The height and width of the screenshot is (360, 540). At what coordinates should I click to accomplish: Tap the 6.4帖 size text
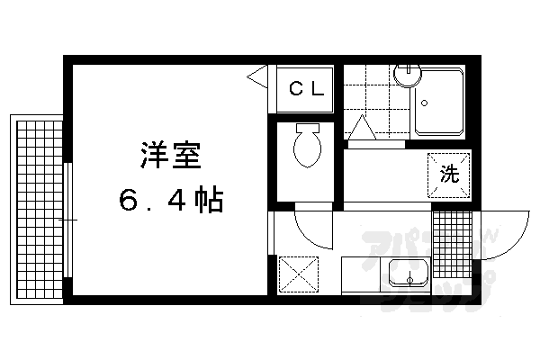coord(170,199)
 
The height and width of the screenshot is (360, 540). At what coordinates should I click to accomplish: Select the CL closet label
coord(303,89)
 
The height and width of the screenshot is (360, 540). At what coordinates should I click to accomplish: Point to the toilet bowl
coord(306,149)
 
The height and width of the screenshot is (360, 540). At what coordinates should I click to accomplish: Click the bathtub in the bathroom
coord(439,102)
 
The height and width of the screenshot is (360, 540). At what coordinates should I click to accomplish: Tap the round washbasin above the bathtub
coord(408,73)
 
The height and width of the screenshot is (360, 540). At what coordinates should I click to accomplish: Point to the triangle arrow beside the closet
coord(258,76)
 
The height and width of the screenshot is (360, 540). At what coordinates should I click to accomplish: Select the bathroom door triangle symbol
coord(363,130)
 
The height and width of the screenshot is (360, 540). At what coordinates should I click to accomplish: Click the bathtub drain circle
coord(423,103)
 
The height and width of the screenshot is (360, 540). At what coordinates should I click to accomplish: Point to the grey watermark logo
coord(423,261)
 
